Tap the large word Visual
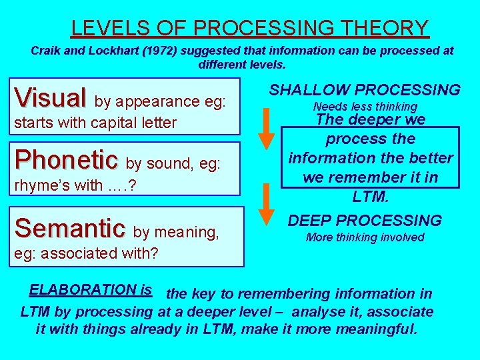point(51,98)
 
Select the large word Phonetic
point(67,159)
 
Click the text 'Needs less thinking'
point(365,107)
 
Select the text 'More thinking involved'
point(365,237)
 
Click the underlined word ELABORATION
point(83,289)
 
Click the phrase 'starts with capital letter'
point(95,123)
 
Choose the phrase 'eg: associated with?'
point(86,253)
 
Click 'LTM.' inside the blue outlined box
point(370,196)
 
